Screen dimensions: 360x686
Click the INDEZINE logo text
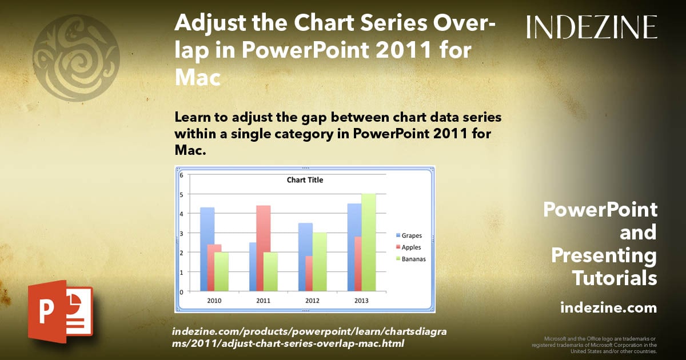(x=592, y=27)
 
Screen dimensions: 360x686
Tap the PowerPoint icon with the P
(x=59, y=311)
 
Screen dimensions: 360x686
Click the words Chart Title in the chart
(x=304, y=180)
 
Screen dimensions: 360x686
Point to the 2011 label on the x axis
(x=263, y=301)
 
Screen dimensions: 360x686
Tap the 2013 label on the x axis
(x=361, y=301)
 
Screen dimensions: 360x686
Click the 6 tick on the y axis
(x=181, y=175)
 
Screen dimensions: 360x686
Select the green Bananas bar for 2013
(x=368, y=242)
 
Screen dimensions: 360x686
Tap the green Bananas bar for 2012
(x=320, y=261)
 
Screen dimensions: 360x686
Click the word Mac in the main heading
(x=197, y=78)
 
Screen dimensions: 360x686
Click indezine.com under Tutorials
(x=608, y=308)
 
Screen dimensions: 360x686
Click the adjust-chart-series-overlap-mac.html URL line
(x=289, y=343)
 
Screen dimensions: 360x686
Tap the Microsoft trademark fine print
(x=594, y=345)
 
